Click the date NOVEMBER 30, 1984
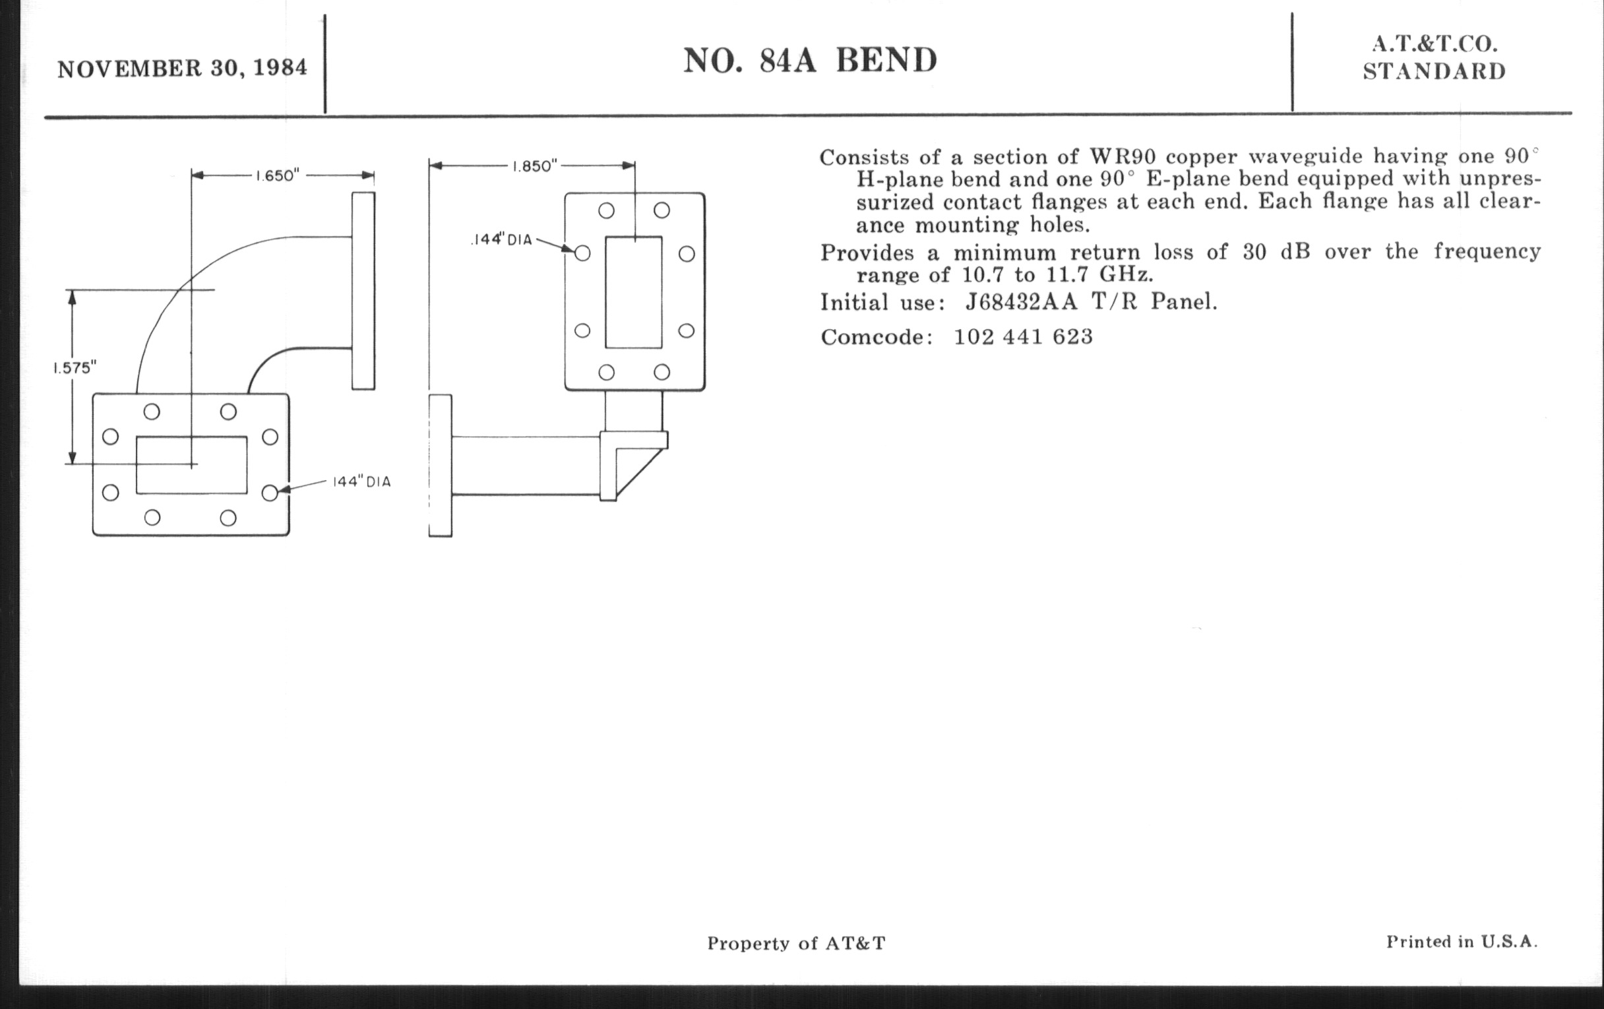click(183, 69)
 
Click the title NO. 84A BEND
click(810, 61)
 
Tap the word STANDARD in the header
click(1434, 71)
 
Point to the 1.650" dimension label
click(278, 176)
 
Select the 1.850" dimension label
click(534, 166)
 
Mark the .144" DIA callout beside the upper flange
click(502, 240)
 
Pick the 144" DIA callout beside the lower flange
click(361, 481)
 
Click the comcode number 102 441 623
click(1023, 336)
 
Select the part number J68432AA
click(1021, 301)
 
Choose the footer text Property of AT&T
click(797, 943)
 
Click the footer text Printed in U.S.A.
click(1462, 942)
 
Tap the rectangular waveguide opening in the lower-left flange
click(192, 465)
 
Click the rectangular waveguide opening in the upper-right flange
click(633, 291)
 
